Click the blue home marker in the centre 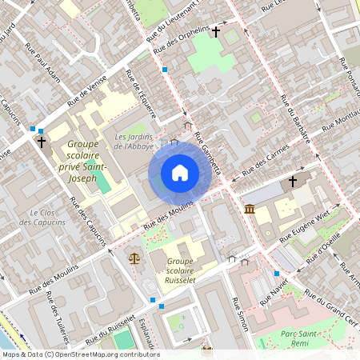180,172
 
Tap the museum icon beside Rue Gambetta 250,210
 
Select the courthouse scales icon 133,258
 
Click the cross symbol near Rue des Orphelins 216,32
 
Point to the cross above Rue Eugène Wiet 293,182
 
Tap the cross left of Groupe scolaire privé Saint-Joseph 42,142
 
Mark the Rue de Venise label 88,94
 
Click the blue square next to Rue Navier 277,274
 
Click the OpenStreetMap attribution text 80,354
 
